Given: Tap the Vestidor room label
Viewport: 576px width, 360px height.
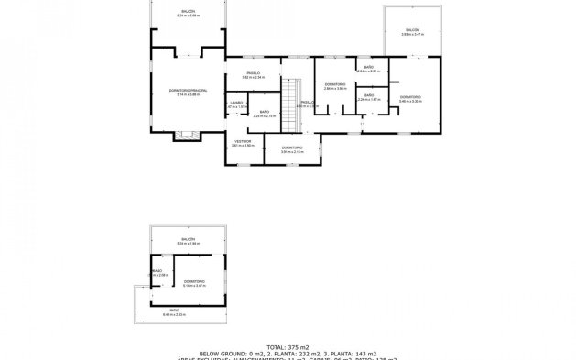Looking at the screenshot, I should [x=242, y=142].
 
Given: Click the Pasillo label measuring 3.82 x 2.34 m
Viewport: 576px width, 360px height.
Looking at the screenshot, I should [x=253, y=73].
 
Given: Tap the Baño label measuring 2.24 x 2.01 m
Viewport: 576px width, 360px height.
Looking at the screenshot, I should [x=367, y=68].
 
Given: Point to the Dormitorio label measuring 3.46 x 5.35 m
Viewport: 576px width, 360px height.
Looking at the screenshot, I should [x=409, y=97].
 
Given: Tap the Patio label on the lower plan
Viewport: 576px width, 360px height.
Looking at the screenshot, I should [x=187, y=312].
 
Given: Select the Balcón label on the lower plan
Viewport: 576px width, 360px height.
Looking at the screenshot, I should [x=187, y=242].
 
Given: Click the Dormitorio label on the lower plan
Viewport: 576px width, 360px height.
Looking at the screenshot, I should [x=193, y=282].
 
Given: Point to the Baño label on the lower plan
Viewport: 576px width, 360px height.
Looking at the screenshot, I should [x=157, y=272].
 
